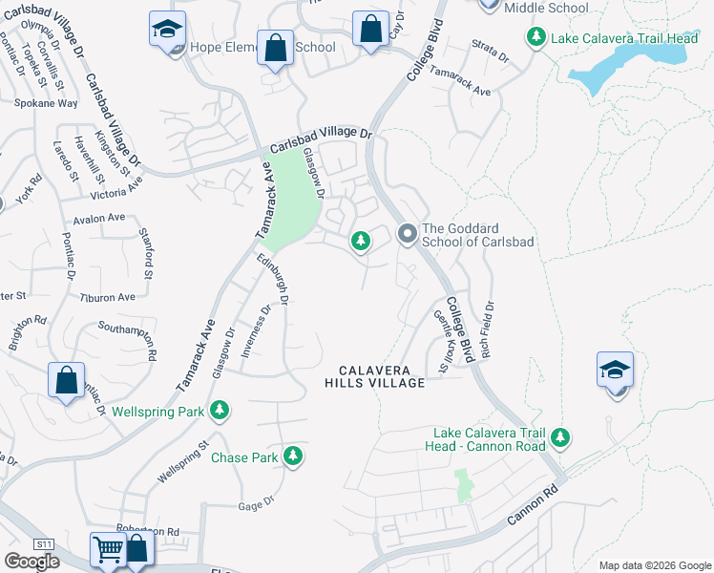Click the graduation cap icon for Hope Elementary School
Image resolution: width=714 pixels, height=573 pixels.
167,29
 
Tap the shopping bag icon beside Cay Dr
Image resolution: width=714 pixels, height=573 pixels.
370,29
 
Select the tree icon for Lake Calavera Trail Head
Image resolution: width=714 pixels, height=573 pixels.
536,37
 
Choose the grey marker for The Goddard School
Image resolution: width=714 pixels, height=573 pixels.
408,234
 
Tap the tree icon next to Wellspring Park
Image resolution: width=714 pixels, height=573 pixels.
220,412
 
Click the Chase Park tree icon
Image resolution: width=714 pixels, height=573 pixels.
295,457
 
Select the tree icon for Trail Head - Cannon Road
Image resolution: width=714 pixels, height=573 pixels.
560,438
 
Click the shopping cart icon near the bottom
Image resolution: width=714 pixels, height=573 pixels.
107,550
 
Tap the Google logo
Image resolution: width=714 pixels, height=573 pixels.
31,562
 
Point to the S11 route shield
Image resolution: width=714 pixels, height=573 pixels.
44,543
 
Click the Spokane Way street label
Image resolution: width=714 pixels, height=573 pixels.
45,102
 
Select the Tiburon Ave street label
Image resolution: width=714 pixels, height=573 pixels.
108,297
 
